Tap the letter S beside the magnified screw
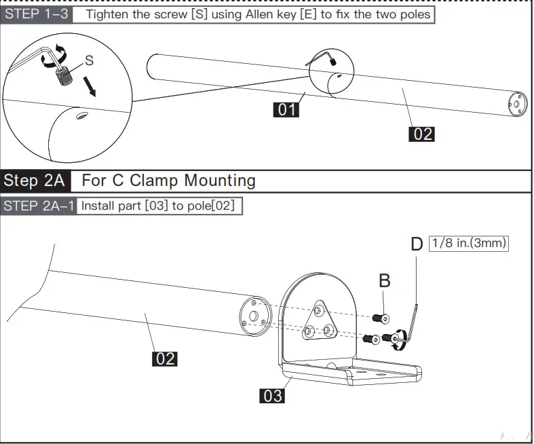[x=89, y=60]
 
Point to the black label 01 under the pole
[x=286, y=109]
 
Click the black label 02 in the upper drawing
[x=422, y=134]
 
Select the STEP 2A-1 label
[x=38, y=205]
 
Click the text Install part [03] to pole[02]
[x=158, y=205]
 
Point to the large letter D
[x=417, y=244]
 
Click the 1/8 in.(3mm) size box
[x=469, y=242]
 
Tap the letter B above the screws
[x=384, y=280]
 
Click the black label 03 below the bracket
[x=272, y=395]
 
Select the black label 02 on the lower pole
[x=165, y=358]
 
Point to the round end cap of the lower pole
[x=256, y=317]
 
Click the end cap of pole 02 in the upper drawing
[x=517, y=103]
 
